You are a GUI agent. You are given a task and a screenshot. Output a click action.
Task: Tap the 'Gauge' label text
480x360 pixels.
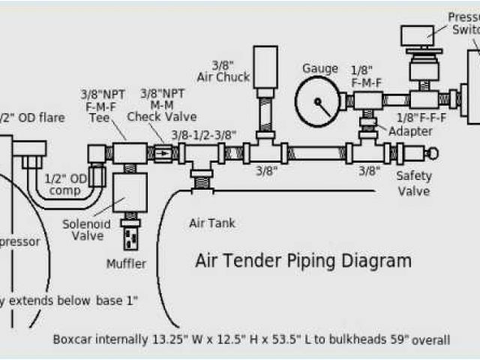319,68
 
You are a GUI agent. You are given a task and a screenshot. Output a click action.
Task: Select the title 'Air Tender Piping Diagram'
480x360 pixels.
303,261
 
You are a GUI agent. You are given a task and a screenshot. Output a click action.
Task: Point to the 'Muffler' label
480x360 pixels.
126,263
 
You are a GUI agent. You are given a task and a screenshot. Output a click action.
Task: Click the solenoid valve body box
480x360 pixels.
128,194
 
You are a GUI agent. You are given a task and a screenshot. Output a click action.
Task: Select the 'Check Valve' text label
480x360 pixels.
161,116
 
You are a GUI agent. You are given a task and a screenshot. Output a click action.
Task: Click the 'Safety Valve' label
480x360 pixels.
413,184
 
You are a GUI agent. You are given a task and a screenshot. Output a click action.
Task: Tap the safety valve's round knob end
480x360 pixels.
432,153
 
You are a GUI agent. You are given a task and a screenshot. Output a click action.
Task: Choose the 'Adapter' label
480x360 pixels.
409,132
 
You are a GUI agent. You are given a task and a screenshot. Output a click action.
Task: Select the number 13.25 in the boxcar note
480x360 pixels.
167,339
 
